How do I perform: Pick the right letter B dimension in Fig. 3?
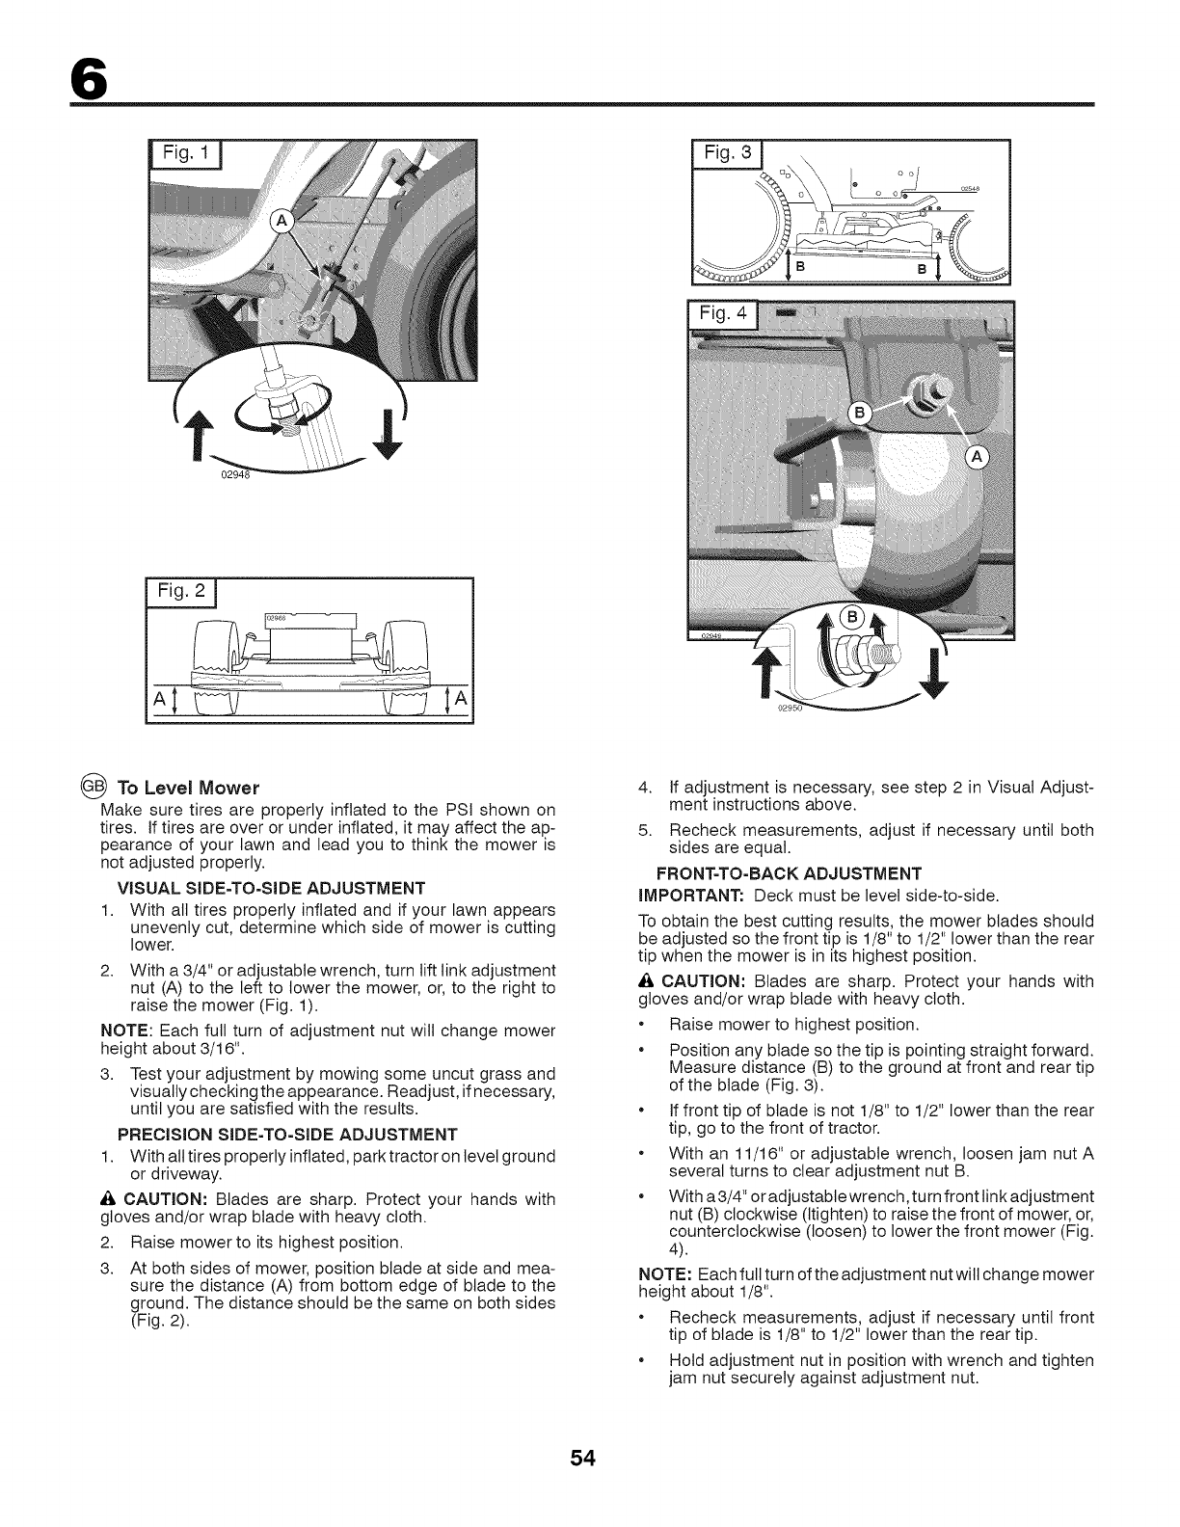(x=922, y=268)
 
